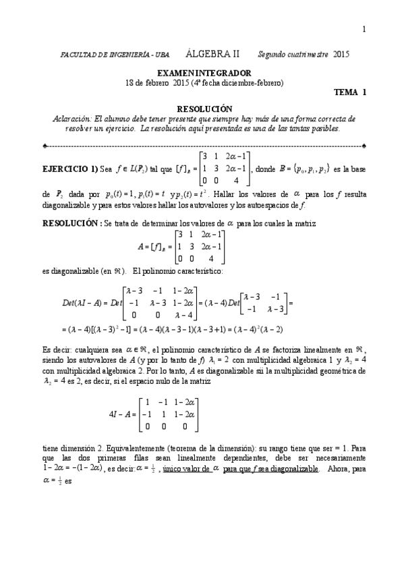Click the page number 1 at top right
(364, 28)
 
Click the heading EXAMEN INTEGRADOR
(204, 73)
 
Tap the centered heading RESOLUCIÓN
(204, 109)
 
